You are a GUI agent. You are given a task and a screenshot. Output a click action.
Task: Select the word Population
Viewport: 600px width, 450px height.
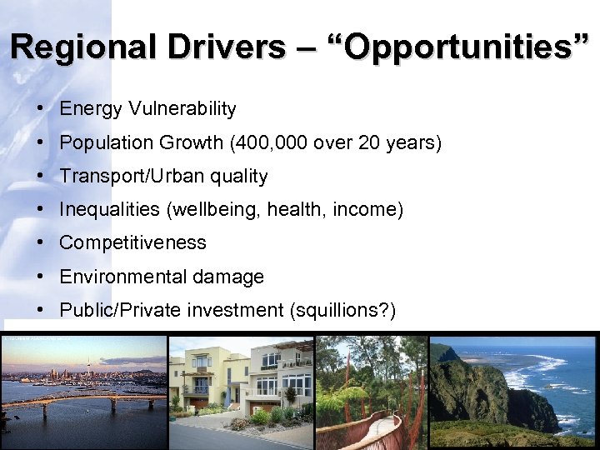pos(102,142)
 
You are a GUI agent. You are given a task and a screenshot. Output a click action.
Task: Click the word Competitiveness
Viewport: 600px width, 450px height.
pos(132,243)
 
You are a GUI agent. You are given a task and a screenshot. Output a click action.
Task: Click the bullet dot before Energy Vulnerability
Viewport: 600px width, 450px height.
pos(40,109)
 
